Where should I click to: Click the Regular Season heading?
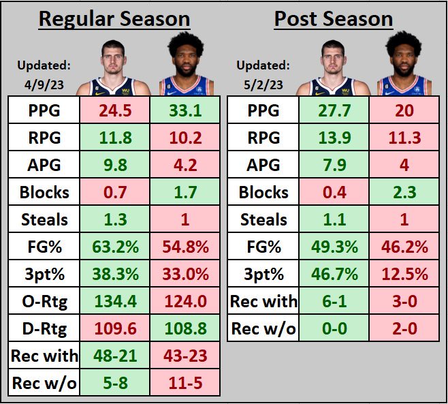click(114, 18)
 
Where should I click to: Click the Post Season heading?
click(333, 18)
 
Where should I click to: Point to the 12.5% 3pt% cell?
click(404, 274)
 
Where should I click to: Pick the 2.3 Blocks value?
click(404, 192)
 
